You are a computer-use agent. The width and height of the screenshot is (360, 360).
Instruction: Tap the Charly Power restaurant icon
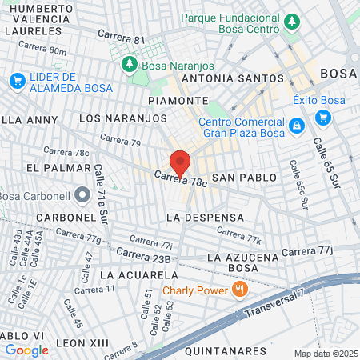tap(238, 290)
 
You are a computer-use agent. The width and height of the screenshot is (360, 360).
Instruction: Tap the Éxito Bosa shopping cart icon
tap(323, 118)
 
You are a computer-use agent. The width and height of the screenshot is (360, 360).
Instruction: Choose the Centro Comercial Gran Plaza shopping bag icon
tap(296, 126)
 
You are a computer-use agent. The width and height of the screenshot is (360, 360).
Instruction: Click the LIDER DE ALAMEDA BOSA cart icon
tap(17, 81)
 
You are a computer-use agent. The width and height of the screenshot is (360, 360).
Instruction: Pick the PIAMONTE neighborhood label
tap(178, 100)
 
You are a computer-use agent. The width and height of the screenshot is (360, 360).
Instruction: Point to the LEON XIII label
tap(82, 342)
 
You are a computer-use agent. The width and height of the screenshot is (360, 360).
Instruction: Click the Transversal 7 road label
tap(274, 302)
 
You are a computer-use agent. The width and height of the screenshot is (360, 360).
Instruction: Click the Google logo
tap(26, 350)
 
